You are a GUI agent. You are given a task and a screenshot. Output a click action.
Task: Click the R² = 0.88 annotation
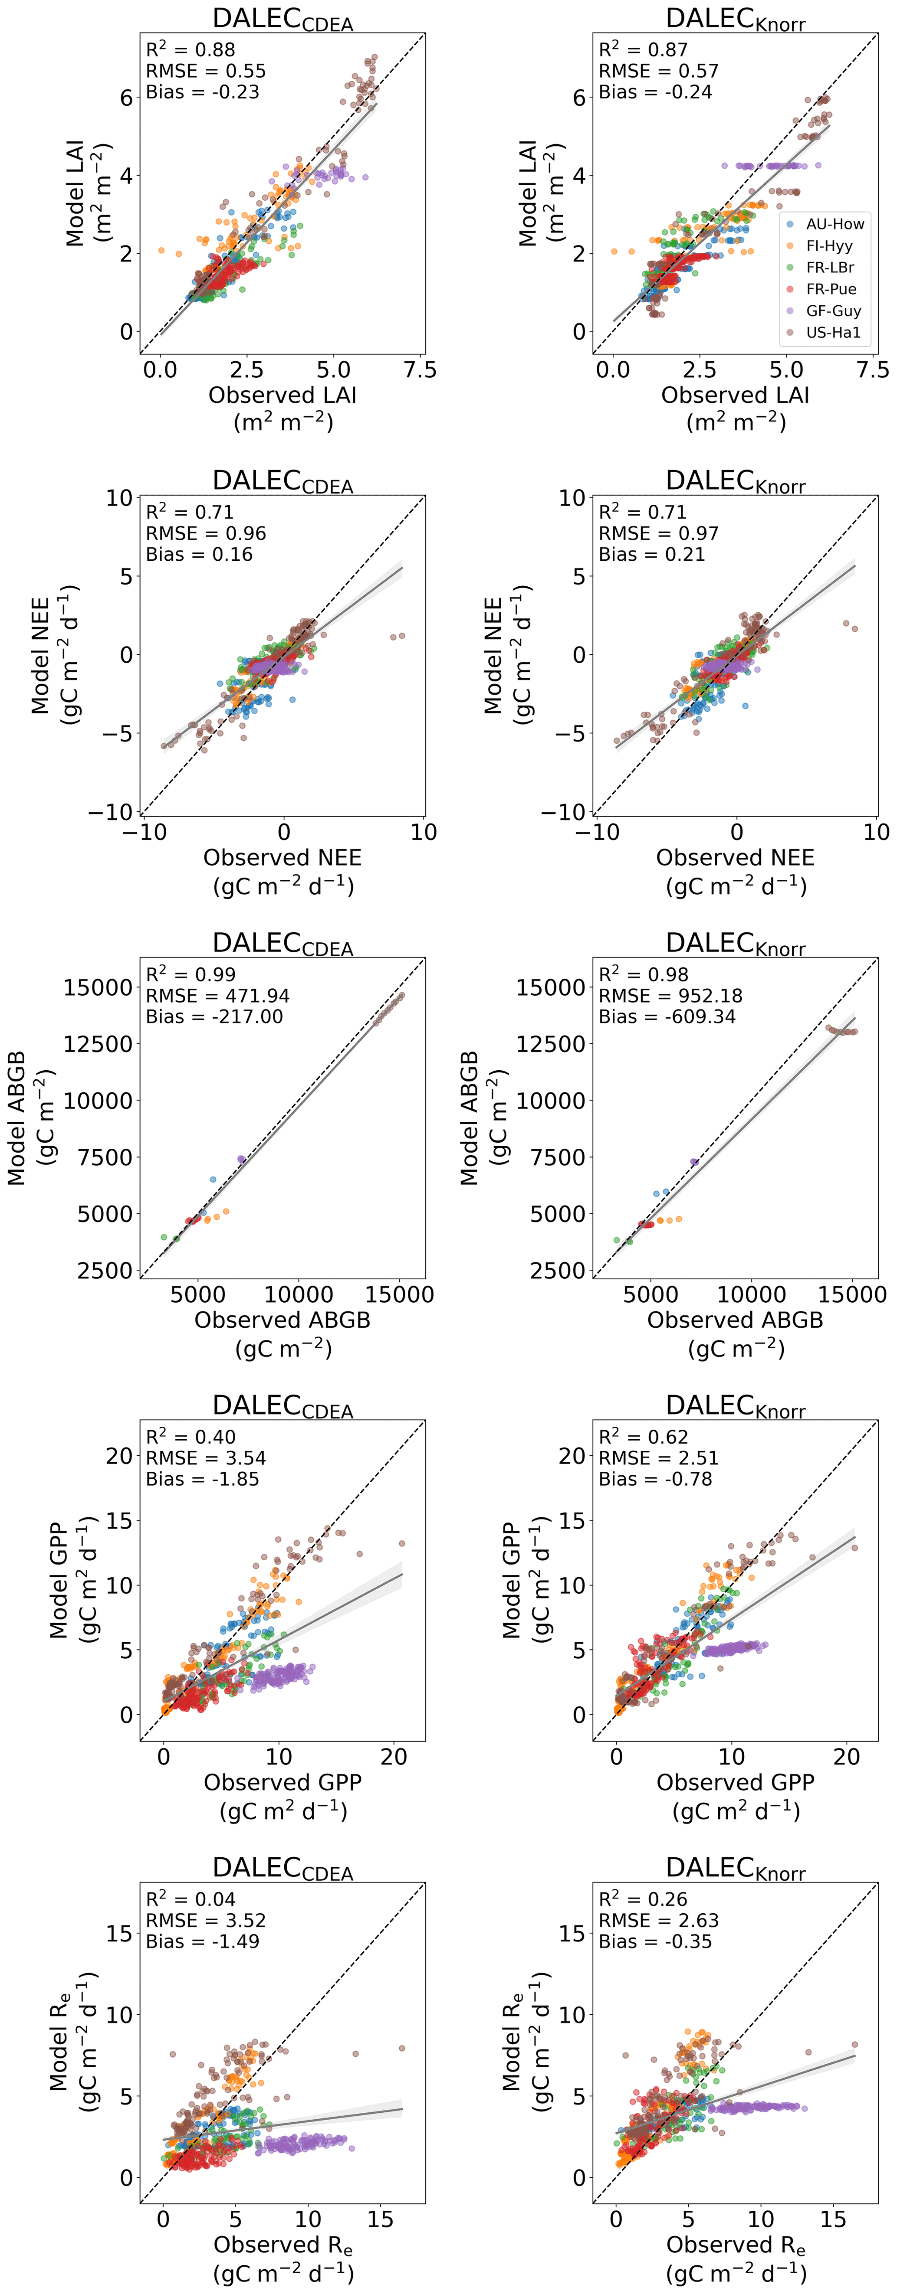pyautogui.click(x=191, y=50)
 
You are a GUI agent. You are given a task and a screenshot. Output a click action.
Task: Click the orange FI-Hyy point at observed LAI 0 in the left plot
pyautogui.click(x=161, y=251)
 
